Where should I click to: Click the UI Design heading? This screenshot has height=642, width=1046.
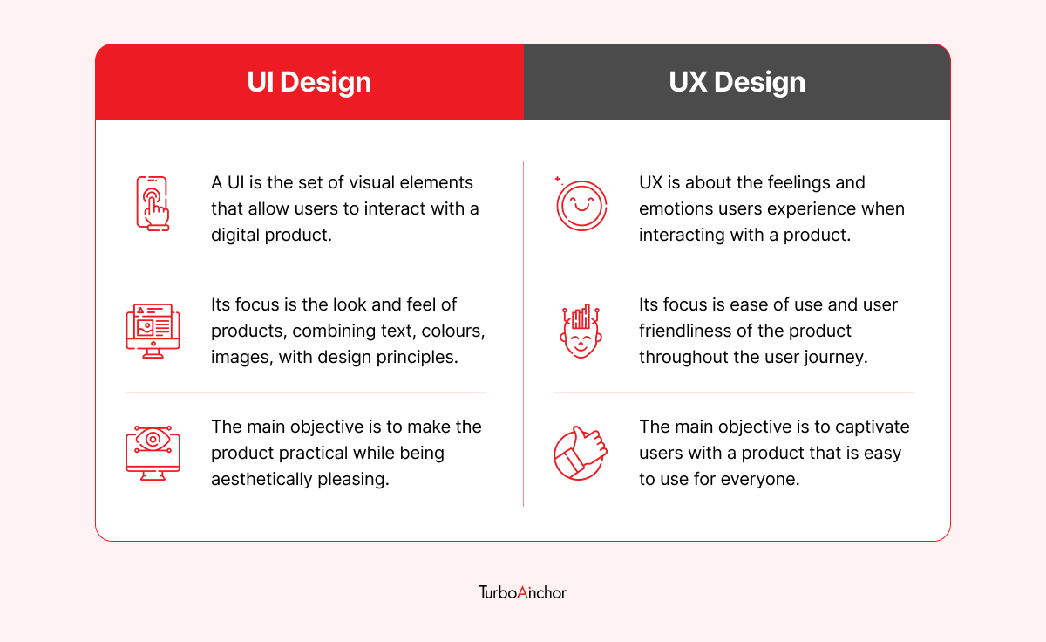click(x=309, y=82)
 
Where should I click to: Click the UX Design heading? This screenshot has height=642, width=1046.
click(x=737, y=82)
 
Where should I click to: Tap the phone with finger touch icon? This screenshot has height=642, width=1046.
click(x=153, y=204)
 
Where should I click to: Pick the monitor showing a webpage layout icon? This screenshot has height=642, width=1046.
click(x=153, y=331)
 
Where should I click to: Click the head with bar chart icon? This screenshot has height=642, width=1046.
click(x=581, y=331)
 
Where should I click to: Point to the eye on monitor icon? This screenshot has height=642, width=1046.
click(x=153, y=453)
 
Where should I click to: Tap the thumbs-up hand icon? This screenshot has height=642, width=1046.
click(x=581, y=453)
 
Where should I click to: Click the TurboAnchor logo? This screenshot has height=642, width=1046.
click(x=522, y=592)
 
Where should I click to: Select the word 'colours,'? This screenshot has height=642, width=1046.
click(x=453, y=331)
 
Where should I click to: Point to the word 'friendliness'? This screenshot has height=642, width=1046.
click(x=685, y=331)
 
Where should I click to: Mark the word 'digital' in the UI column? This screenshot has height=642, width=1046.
click(x=235, y=235)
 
